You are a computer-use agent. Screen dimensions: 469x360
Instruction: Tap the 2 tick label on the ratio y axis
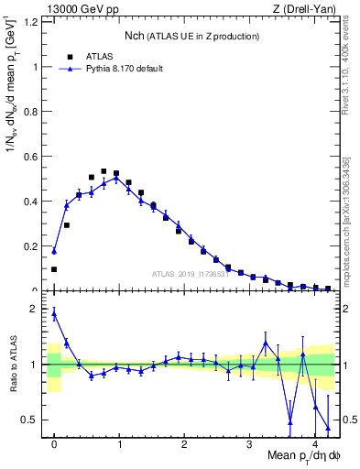[x=37, y=309]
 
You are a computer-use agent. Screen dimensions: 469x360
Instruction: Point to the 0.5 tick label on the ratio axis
[x=31, y=420]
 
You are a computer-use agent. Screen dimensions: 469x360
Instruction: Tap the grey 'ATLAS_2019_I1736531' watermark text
[x=190, y=274]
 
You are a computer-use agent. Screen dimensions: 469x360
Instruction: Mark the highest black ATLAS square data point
[x=104, y=171]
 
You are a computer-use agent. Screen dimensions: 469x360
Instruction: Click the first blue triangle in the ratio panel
[x=54, y=313]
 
